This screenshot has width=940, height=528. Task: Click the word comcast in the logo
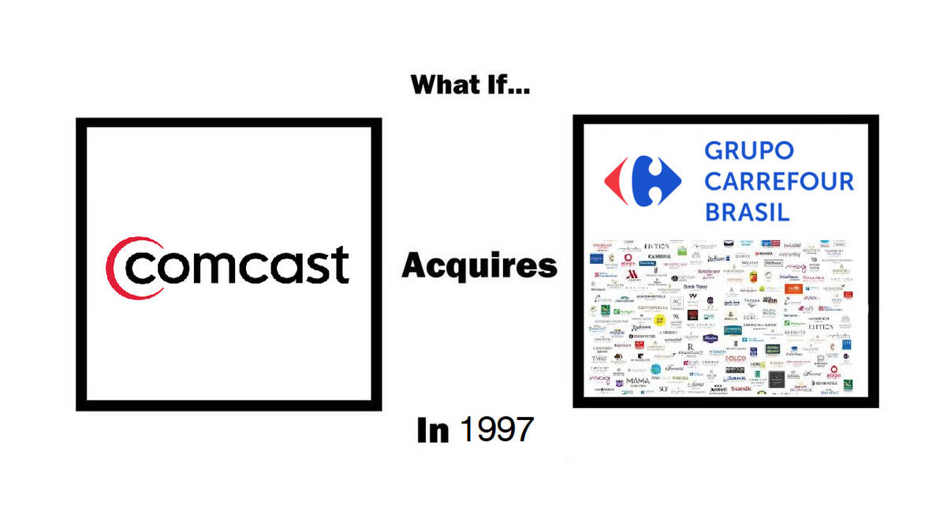click(x=237, y=265)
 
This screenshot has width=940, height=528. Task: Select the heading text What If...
click(x=470, y=84)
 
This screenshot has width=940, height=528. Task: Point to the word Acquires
click(x=479, y=266)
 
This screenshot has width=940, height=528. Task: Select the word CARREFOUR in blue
click(x=778, y=181)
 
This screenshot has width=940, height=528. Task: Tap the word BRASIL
click(x=747, y=212)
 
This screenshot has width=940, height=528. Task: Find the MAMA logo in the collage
click(x=638, y=381)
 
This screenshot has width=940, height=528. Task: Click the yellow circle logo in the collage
click(x=658, y=318)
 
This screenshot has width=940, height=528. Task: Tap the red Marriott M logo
click(x=632, y=275)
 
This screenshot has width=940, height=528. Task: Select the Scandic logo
click(x=740, y=389)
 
